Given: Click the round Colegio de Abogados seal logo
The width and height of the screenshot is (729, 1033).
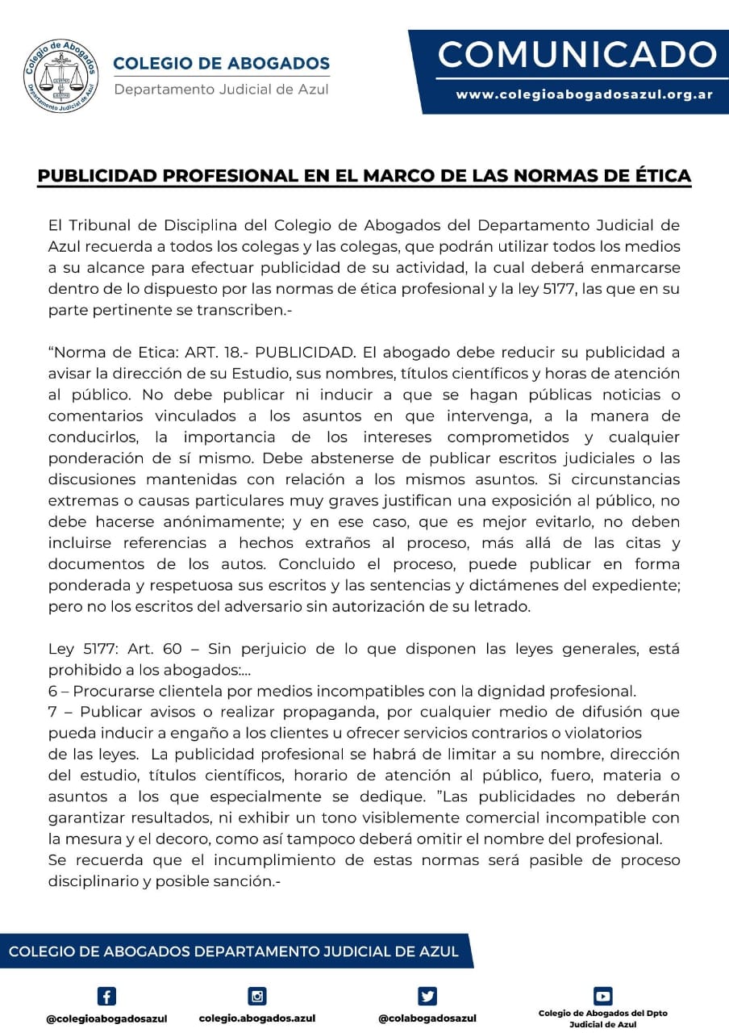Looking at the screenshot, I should click(61, 77).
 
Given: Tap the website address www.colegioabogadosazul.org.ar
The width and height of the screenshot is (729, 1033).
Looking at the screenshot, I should click(584, 94).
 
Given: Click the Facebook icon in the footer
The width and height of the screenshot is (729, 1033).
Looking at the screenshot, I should click(106, 996).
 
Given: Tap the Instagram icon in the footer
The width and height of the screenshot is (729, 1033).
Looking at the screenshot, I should click(257, 996).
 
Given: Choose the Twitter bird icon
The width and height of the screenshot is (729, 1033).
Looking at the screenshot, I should click(427, 996).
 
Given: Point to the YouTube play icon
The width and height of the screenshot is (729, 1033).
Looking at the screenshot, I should click(603, 996).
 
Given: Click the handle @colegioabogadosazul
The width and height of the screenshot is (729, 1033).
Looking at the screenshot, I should click(106, 1018).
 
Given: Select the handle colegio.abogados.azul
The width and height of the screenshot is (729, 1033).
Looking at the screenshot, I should click(257, 1018).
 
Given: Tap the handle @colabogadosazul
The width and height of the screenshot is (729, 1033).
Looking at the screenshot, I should click(427, 1018).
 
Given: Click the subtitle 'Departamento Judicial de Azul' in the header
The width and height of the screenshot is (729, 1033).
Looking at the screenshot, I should click(221, 89).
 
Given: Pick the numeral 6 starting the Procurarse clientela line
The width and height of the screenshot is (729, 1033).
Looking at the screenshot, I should click(52, 692).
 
